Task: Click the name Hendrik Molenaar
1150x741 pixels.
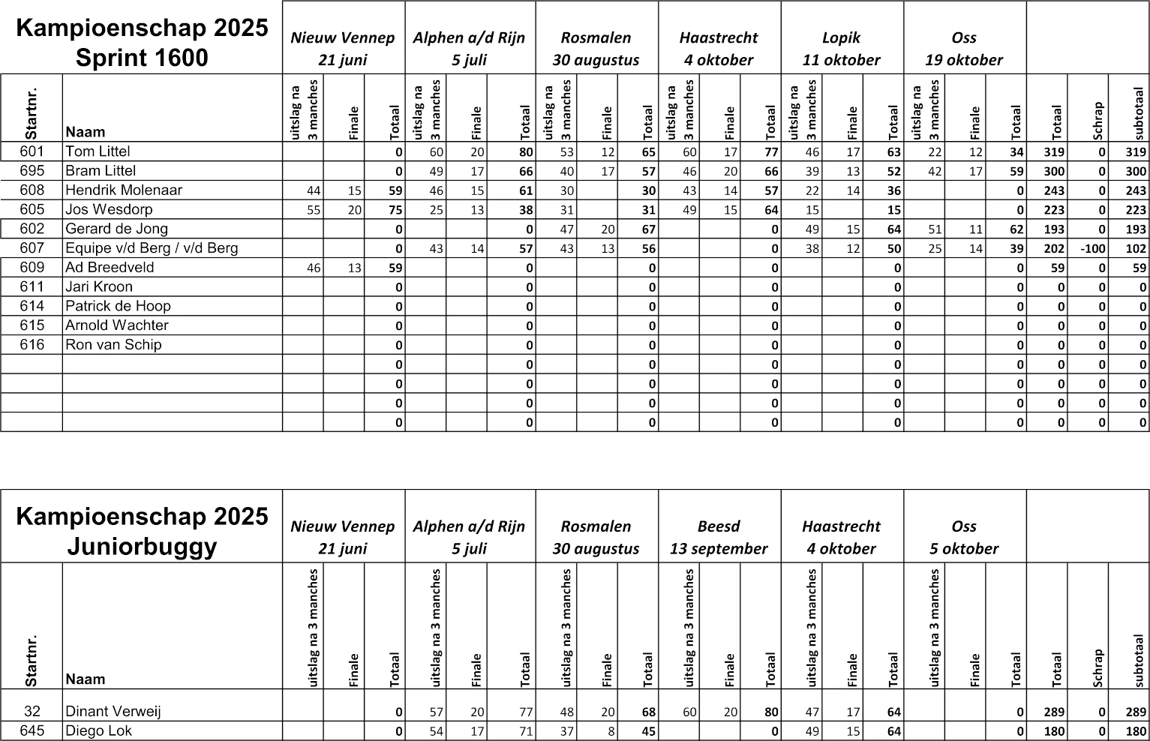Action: click(x=124, y=190)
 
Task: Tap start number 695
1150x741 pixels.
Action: click(x=32, y=171)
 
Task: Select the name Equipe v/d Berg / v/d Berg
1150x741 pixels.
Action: click(x=152, y=248)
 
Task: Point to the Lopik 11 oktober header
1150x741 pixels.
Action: click(x=842, y=49)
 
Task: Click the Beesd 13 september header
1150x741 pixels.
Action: click(x=719, y=537)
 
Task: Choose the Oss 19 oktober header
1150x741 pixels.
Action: click(x=964, y=49)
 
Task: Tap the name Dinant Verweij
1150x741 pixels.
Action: click(x=113, y=712)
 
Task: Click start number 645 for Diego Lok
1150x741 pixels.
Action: click(x=32, y=730)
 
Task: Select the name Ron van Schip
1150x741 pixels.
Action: click(x=113, y=345)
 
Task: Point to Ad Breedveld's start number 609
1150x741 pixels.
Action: click(x=32, y=268)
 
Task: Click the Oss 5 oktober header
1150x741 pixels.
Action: click(x=964, y=537)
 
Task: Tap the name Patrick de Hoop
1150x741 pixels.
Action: click(x=118, y=306)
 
